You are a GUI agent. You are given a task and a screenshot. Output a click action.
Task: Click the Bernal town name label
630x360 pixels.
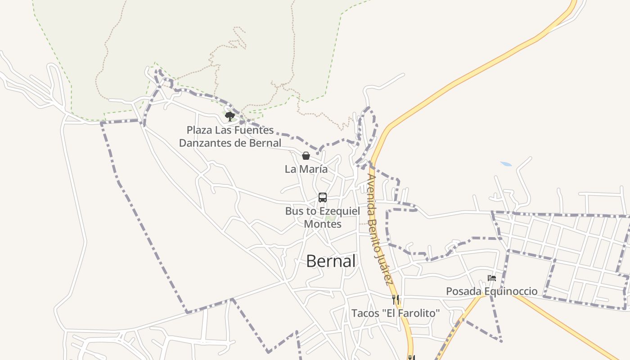[331, 261]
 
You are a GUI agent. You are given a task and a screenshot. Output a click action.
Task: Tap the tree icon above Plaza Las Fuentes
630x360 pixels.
[230, 117]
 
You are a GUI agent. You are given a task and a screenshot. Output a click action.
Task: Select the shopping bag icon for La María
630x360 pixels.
[306, 156]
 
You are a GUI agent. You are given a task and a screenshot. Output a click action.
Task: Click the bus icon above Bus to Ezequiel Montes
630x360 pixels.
[323, 197]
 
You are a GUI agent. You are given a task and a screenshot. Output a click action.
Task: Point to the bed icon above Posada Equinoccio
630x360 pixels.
[492, 278]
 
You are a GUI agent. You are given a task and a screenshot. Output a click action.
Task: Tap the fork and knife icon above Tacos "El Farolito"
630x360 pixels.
[395, 299]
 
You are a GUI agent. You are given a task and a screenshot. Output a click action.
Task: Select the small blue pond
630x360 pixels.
[506, 164]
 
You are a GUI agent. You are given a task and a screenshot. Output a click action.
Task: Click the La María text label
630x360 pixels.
[306, 169]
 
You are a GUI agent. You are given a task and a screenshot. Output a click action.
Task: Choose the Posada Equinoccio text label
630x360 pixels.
[491, 291]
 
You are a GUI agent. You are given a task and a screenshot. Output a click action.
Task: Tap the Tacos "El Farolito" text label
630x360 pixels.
[395, 313]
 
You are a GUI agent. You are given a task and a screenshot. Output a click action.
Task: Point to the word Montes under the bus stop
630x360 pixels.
[323, 224]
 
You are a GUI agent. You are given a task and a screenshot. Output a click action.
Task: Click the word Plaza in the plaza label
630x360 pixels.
[199, 130]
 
